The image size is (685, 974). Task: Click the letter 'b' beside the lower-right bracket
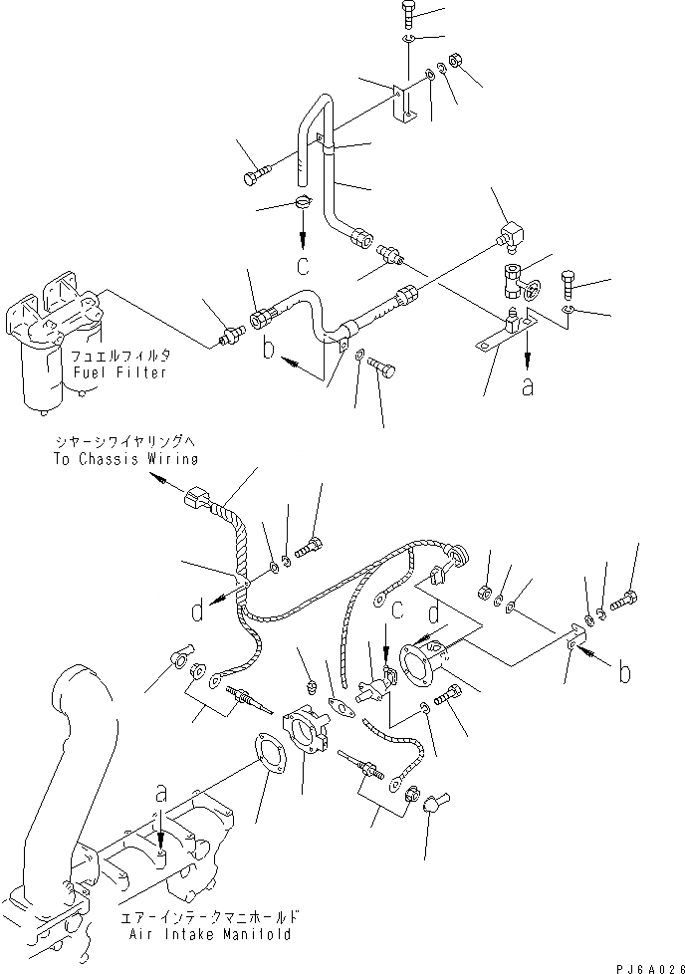(623, 673)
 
